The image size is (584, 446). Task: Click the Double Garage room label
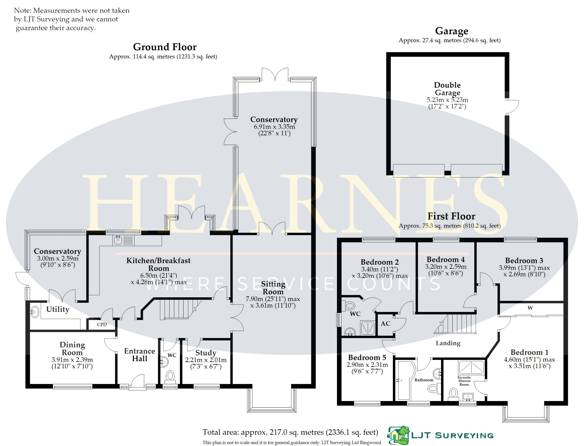point(447,89)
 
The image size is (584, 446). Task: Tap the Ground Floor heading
point(165,47)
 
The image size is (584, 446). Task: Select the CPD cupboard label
point(102,324)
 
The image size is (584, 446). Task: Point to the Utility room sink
point(35,312)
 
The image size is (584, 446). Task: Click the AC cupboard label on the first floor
point(385,324)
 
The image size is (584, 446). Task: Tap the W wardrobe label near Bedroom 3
point(530,308)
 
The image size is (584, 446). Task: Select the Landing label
point(448,343)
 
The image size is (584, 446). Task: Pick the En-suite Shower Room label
point(464,381)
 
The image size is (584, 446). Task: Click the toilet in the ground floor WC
point(170,376)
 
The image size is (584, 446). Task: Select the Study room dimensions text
point(206,363)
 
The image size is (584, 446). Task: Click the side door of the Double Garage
point(512,107)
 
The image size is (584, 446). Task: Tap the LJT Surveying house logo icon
point(398,436)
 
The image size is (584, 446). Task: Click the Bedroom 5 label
point(367,357)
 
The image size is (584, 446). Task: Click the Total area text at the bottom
point(290,432)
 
